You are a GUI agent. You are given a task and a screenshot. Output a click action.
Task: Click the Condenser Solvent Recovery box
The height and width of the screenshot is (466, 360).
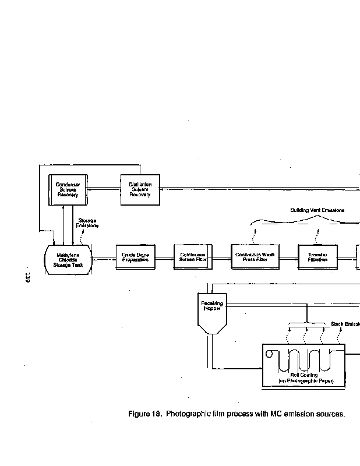(68, 189)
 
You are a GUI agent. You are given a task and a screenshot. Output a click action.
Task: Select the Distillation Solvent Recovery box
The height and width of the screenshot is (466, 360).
(140, 189)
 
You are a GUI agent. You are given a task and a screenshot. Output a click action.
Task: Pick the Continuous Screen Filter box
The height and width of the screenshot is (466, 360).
(193, 257)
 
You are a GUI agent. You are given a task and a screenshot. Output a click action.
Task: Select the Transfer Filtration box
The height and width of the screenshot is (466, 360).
(317, 257)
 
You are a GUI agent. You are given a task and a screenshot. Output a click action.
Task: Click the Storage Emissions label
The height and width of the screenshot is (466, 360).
(87, 223)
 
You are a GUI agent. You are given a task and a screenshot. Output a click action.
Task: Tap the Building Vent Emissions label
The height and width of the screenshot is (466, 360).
(317, 210)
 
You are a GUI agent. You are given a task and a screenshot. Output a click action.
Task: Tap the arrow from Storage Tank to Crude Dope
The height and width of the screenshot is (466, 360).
(103, 257)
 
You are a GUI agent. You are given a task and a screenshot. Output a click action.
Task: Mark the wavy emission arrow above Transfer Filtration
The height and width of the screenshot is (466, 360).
(317, 235)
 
